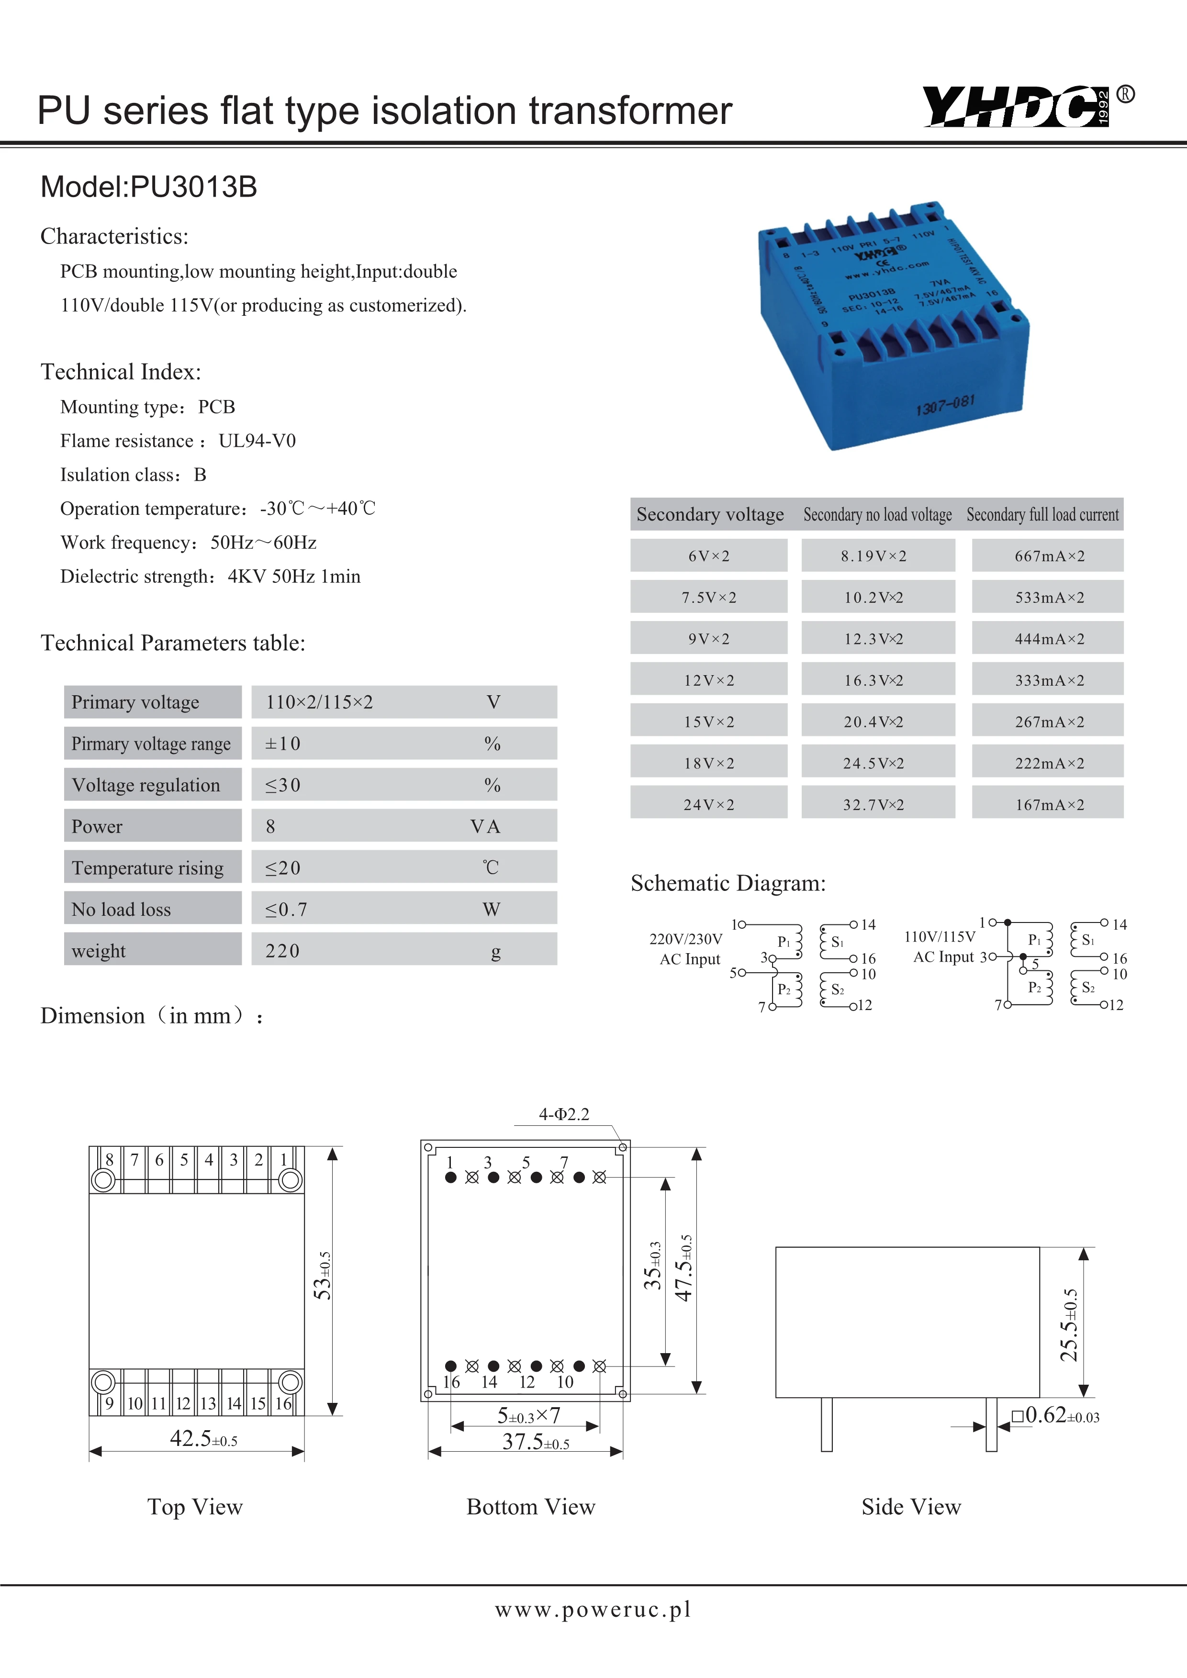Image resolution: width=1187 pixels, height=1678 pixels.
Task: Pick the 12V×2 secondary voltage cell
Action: click(709, 680)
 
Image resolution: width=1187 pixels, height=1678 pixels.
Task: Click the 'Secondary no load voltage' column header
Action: click(877, 514)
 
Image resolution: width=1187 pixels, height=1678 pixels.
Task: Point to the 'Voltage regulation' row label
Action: click(146, 785)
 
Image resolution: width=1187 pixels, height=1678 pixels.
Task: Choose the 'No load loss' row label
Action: click(121, 909)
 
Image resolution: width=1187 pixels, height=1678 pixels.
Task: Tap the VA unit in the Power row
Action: click(485, 827)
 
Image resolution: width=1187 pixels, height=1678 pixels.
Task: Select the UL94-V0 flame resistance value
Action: click(258, 441)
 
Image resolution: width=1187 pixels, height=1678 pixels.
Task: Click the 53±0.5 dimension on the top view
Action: click(322, 1275)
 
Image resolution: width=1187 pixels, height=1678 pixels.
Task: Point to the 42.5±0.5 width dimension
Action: click(203, 1438)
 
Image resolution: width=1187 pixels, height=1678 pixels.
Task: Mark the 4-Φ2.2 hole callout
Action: click(563, 1114)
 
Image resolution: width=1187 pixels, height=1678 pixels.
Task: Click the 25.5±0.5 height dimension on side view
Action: click(1069, 1324)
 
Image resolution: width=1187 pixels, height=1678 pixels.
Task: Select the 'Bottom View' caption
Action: click(531, 1507)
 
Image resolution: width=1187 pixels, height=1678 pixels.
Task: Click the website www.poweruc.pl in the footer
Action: click(593, 1609)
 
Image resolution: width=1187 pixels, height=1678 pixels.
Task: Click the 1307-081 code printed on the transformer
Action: click(945, 404)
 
